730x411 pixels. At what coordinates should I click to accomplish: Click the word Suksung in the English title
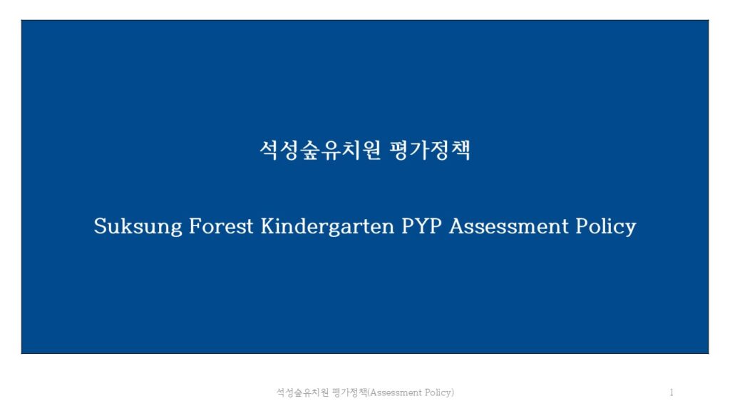(138, 226)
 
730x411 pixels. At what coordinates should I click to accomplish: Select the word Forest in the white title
(221, 226)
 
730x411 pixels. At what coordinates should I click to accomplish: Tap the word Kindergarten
(327, 226)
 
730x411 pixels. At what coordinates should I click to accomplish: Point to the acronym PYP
(421, 226)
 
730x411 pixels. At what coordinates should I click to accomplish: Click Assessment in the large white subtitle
(509, 226)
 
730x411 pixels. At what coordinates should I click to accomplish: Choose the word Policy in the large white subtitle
(606, 226)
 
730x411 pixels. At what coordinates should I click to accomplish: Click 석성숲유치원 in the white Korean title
(320, 150)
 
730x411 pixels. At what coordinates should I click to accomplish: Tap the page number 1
(672, 392)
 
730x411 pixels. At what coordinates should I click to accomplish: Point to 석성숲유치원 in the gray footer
(302, 392)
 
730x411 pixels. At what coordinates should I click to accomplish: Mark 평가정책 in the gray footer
(349, 392)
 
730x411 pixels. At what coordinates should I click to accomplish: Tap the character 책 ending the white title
(461, 150)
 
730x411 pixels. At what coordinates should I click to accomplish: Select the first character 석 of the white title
(269, 150)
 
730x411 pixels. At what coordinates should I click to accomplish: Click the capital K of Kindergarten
(269, 226)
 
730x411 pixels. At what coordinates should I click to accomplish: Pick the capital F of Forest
(195, 226)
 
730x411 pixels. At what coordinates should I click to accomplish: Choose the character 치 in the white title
(351, 150)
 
